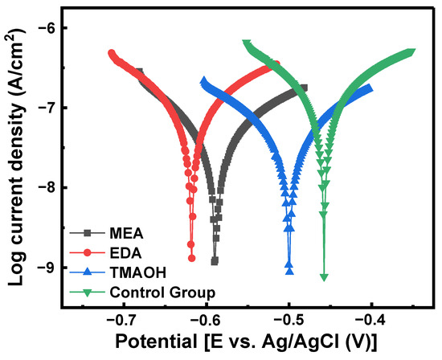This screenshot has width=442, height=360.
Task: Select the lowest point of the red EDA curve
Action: coord(191,258)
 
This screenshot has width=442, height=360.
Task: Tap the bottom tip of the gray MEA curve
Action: coord(215,261)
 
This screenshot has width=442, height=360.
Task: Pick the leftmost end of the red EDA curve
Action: coord(112,53)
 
